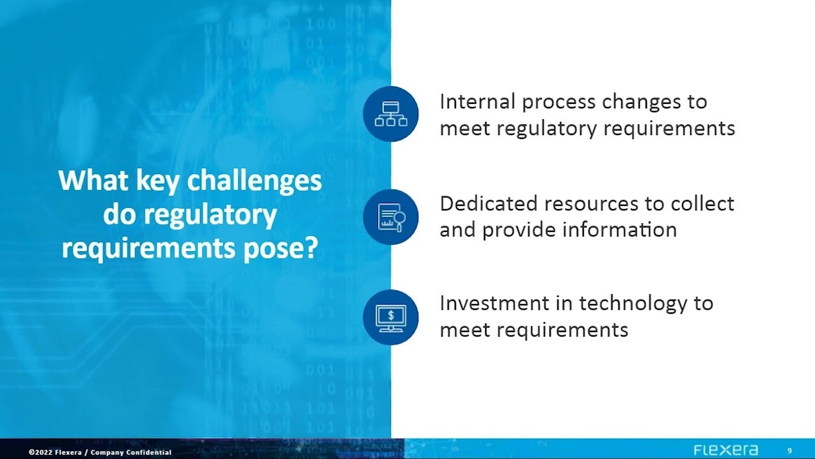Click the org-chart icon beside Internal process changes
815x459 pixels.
(391, 113)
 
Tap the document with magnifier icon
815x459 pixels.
(391, 217)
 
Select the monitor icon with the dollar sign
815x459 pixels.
(391, 317)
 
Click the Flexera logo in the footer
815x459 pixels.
(725, 450)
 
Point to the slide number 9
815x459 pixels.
(790, 451)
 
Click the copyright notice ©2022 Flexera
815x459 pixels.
(55, 453)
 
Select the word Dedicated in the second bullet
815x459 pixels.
(488, 203)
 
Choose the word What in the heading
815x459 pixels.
(93, 180)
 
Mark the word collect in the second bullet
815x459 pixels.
(702, 203)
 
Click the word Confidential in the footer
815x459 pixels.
(149, 453)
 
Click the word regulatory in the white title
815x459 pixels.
(210, 215)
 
